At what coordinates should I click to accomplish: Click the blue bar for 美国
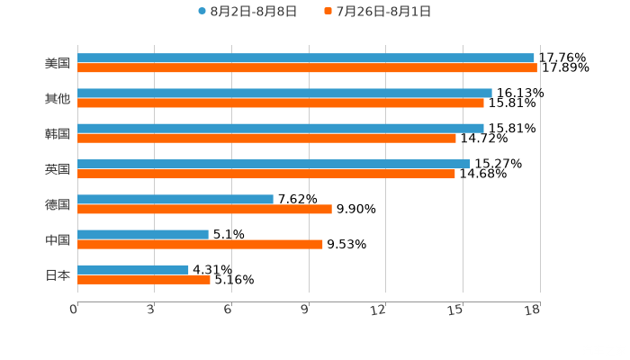(306, 58)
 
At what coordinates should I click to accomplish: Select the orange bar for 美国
(307, 68)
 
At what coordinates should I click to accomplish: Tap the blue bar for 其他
(284, 94)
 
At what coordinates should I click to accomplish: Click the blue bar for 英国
(274, 164)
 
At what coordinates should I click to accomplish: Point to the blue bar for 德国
(175, 199)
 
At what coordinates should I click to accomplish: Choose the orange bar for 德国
(204, 209)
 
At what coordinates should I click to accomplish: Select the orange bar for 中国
(200, 244)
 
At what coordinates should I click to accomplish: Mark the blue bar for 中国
(143, 234)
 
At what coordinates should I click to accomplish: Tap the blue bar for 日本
(133, 269)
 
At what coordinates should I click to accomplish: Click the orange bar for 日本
(144, 279)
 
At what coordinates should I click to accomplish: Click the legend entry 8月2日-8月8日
(247, 12)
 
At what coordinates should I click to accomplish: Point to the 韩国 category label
(58, 134)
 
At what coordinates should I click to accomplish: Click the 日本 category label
(58, 274)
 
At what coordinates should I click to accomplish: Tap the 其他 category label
(58, 99)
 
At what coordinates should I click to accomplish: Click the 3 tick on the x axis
(150, 310)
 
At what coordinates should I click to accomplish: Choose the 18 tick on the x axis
(533, 310)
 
